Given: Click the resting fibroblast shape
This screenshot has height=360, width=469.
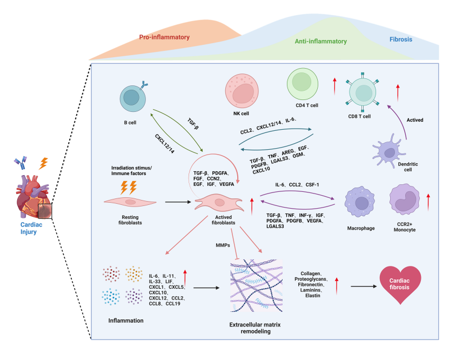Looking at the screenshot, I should pos(130,202).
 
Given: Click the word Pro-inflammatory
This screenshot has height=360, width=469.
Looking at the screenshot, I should pos(164,37).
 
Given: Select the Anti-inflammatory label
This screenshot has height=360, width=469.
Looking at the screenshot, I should pos(321,41).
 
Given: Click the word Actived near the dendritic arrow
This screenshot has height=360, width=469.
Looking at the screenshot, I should pos(416,120).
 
